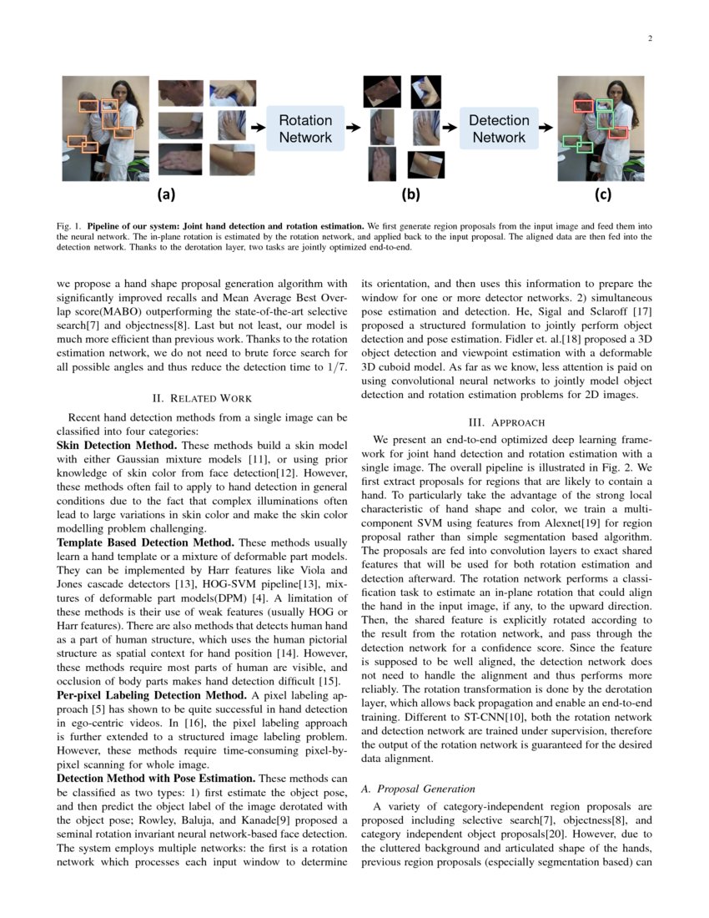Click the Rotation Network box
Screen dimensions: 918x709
click(304, 129)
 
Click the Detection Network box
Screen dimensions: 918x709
click(499, 129)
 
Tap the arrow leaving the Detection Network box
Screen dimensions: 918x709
click(546, 129)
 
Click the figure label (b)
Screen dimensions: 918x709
click(410, 195)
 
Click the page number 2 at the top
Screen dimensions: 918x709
click(649, 38)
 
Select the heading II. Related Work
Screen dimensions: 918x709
click(201, 398)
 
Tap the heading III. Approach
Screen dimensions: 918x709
click(505, 422)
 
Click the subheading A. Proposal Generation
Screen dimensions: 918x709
click(417, 789)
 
